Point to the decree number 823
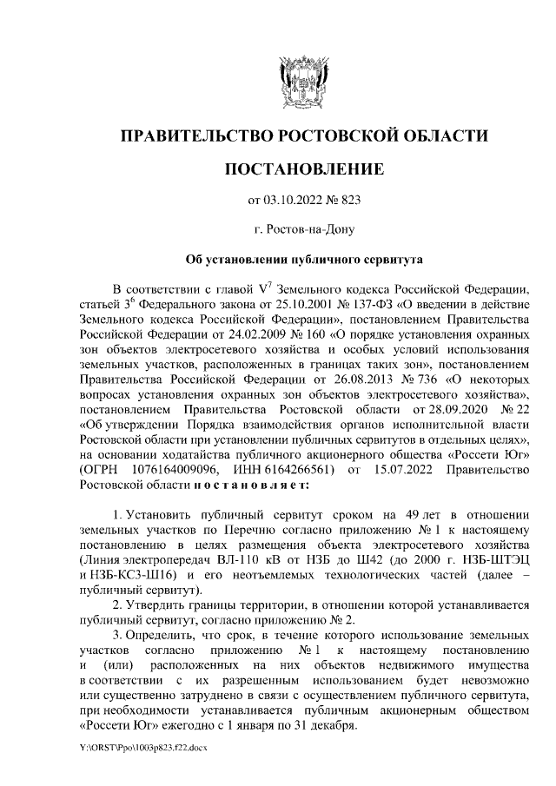click(x=349, y=201)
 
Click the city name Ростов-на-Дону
click(x=304, y=230)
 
